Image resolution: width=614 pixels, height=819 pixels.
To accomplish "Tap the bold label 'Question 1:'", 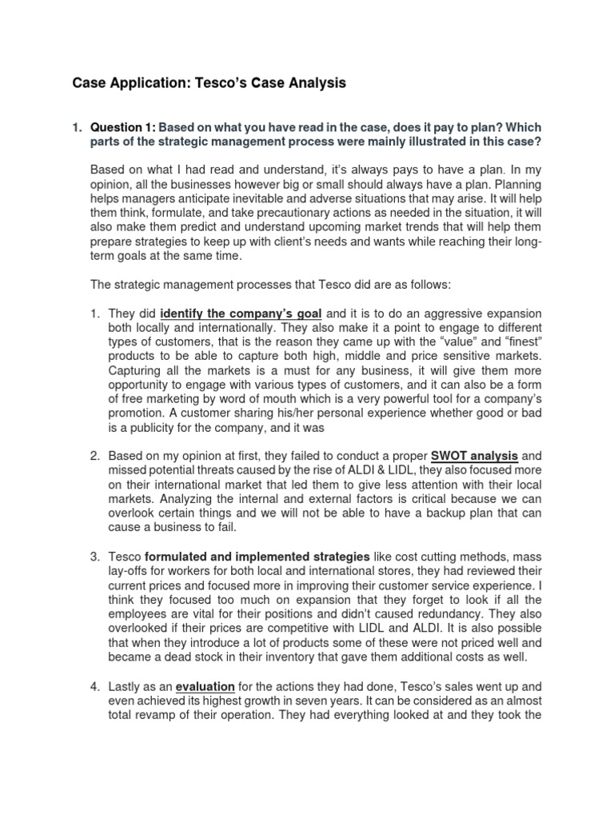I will tap(123, 127).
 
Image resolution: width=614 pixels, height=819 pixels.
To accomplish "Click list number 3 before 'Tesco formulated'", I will tap(94, 555).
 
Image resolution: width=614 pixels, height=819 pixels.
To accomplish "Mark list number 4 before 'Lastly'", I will tap(94, 685).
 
